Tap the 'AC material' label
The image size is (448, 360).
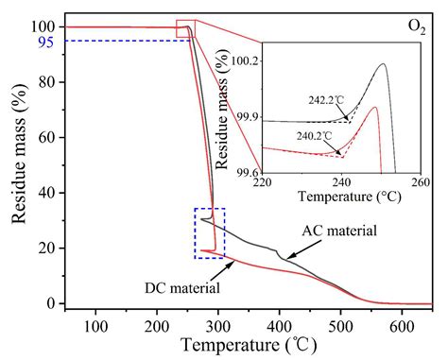(339, 231)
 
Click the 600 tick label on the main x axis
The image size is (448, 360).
(402, 326)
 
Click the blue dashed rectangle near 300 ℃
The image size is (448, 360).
(210, 232)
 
